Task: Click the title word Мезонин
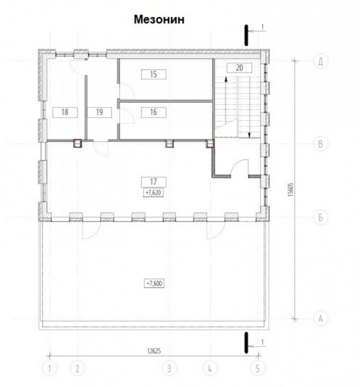(x=159, y=20)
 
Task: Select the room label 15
(x=154, y=74)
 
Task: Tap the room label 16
(x=154, y=112)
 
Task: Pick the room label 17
(x=154, y=182)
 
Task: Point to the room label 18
(x=65, y=112)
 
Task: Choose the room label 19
(x=99, y=112)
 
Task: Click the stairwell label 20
(x=240, y=68)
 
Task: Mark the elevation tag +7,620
(x=154, y=193)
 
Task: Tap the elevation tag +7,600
(x=154, y=283)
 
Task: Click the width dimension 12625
(x=154, y=351)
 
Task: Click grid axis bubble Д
(x=321, y=61)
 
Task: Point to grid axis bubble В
(x=321, y=144)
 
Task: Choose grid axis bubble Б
(x=321, y=218)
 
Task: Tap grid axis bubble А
(x=321, y=319)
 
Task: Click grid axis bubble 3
(x=169, y=369)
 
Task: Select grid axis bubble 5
(x=258, y=369)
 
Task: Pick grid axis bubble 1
(x=49, y=369)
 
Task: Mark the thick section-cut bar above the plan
(x=246, y=36)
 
